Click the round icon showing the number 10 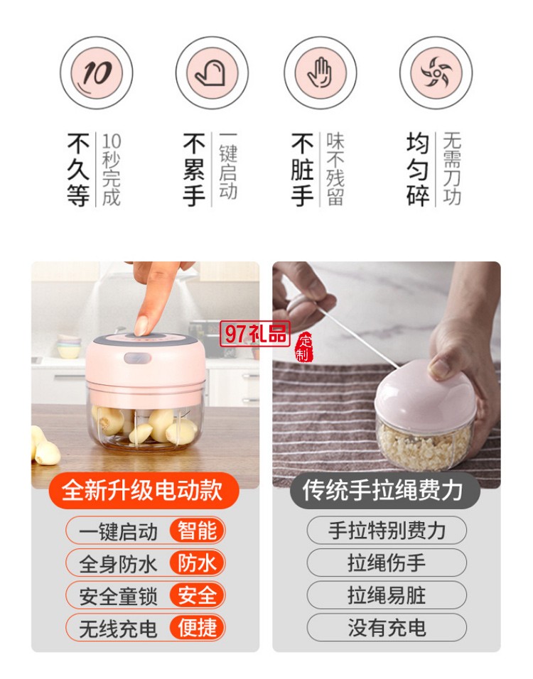click(x=95, y=72)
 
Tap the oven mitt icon click(x=211, y=72)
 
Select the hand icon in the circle click(x=320, y=72)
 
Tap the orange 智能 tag click(x=197, y=531)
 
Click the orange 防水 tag click(x=197, y=563)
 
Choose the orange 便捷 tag click(x=197, y=627)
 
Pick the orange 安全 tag click(x=197, y=595)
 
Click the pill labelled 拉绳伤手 click(x=387, y=563)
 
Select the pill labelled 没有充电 click(x=387, y=627)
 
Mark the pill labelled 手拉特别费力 click(x=387, y=531)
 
